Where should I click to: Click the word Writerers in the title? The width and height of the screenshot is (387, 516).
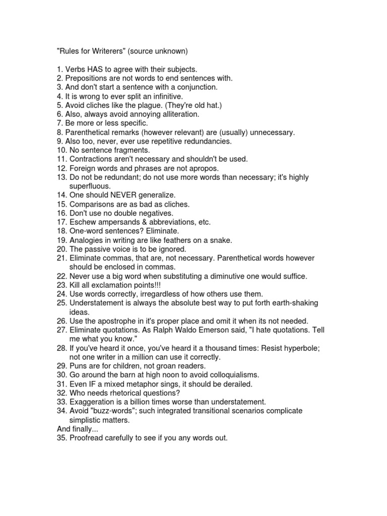coord(111,51)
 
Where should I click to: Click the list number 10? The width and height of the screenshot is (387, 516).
coord(60,150)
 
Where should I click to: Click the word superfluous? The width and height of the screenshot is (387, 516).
coord(90,186)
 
